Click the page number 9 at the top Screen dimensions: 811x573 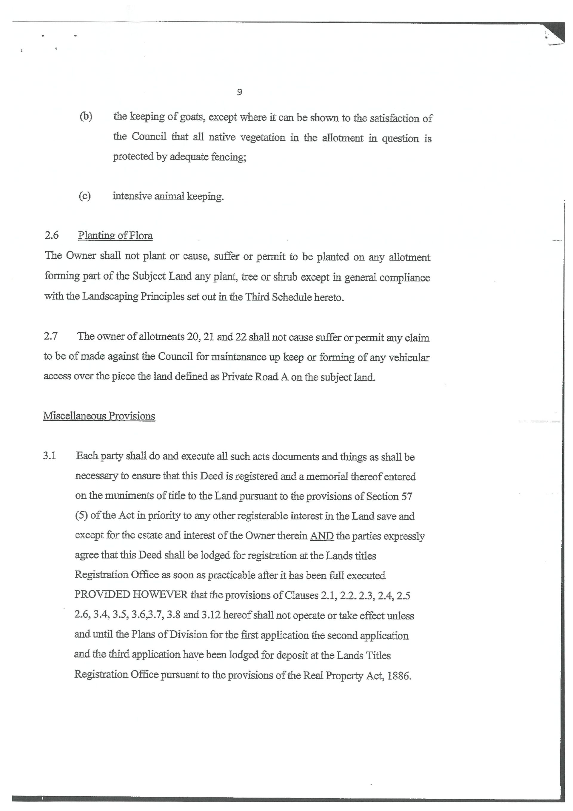pyautogui.click(x=239, y=92)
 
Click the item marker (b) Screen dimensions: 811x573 pyautogui.click(x=86, y=116)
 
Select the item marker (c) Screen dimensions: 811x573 pyautogui.click(x=85, y=196)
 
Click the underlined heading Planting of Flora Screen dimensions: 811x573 pyautogui.click(x=115, y=236)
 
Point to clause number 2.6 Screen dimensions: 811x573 pyautogui.click(x=52, y=235)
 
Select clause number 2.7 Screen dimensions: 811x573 pyautogui.click(x=51, y=336)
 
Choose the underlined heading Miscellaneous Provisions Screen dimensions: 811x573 pyautogui.click(x=99, y=416)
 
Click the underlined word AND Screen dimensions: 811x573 pyautogui.click(x=321, y=536)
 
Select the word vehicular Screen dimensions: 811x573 pyautogui.click(x=409, y=358)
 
